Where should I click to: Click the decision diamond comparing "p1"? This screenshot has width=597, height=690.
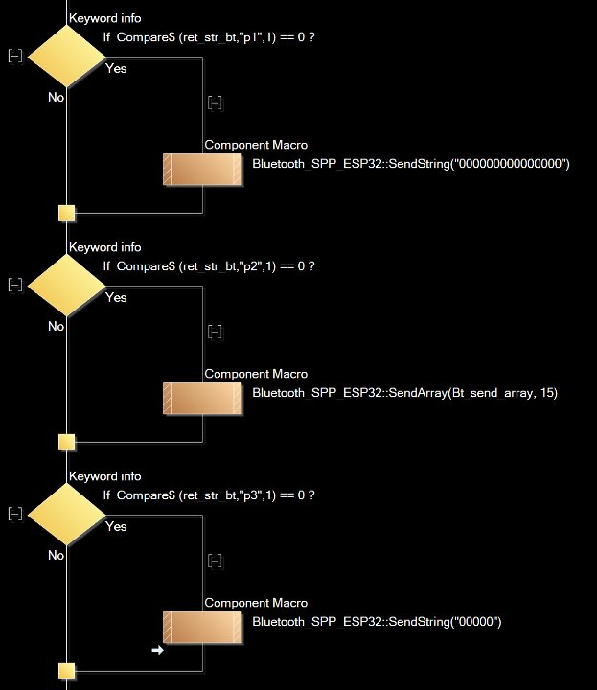pyautogui.click(x=66, y=58)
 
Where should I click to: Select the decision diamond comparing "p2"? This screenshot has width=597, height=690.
pyautogui.click(x=66, y=287)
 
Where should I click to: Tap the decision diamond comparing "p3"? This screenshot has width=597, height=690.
pyautogui.click(x=66, y=516)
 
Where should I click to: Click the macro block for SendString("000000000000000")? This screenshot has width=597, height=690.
pyautogui.click(x=202, y=169)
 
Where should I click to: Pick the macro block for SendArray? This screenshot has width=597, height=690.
pyautogui.click(x=202, y=398)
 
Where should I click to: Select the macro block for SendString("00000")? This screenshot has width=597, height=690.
pyautogui.click(x=202, y=627)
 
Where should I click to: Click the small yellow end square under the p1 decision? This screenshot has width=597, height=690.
pyautogui.click(x=66, y=213)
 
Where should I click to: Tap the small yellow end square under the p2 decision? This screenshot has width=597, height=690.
pyautogui.click(x=66, y=442)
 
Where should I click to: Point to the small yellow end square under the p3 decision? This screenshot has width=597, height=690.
pyautogui.click(x=66, y=671)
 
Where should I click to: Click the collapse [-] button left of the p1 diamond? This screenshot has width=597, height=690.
pyautogui.click(x=14, y=57)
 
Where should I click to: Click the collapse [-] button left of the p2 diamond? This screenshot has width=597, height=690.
pyautogui.click(x=14, y=285)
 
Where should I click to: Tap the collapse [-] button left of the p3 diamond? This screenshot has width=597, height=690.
pyautogui.click(x=14, y=514)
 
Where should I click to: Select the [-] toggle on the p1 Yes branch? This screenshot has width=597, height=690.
pyautogui.click(x=215, y=103)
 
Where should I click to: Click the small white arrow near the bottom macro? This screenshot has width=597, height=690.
pyautogui.click(x=157, y=650)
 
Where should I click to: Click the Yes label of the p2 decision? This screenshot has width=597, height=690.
pyautogui.click(x=116, y=297)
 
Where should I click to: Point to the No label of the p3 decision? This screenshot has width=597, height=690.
pyautogui.click(x=56, y=555)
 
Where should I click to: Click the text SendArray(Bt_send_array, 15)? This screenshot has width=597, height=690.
pyautogui.click(x=404, y=393)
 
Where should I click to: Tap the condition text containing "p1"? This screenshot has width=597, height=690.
pyautogui.click(x=209, y=37)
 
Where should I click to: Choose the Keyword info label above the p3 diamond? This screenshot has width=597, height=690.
pyautogui.click(x=104, y=476)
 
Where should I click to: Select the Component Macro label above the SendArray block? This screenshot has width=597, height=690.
pyautogui.click(x=256, y=374)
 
